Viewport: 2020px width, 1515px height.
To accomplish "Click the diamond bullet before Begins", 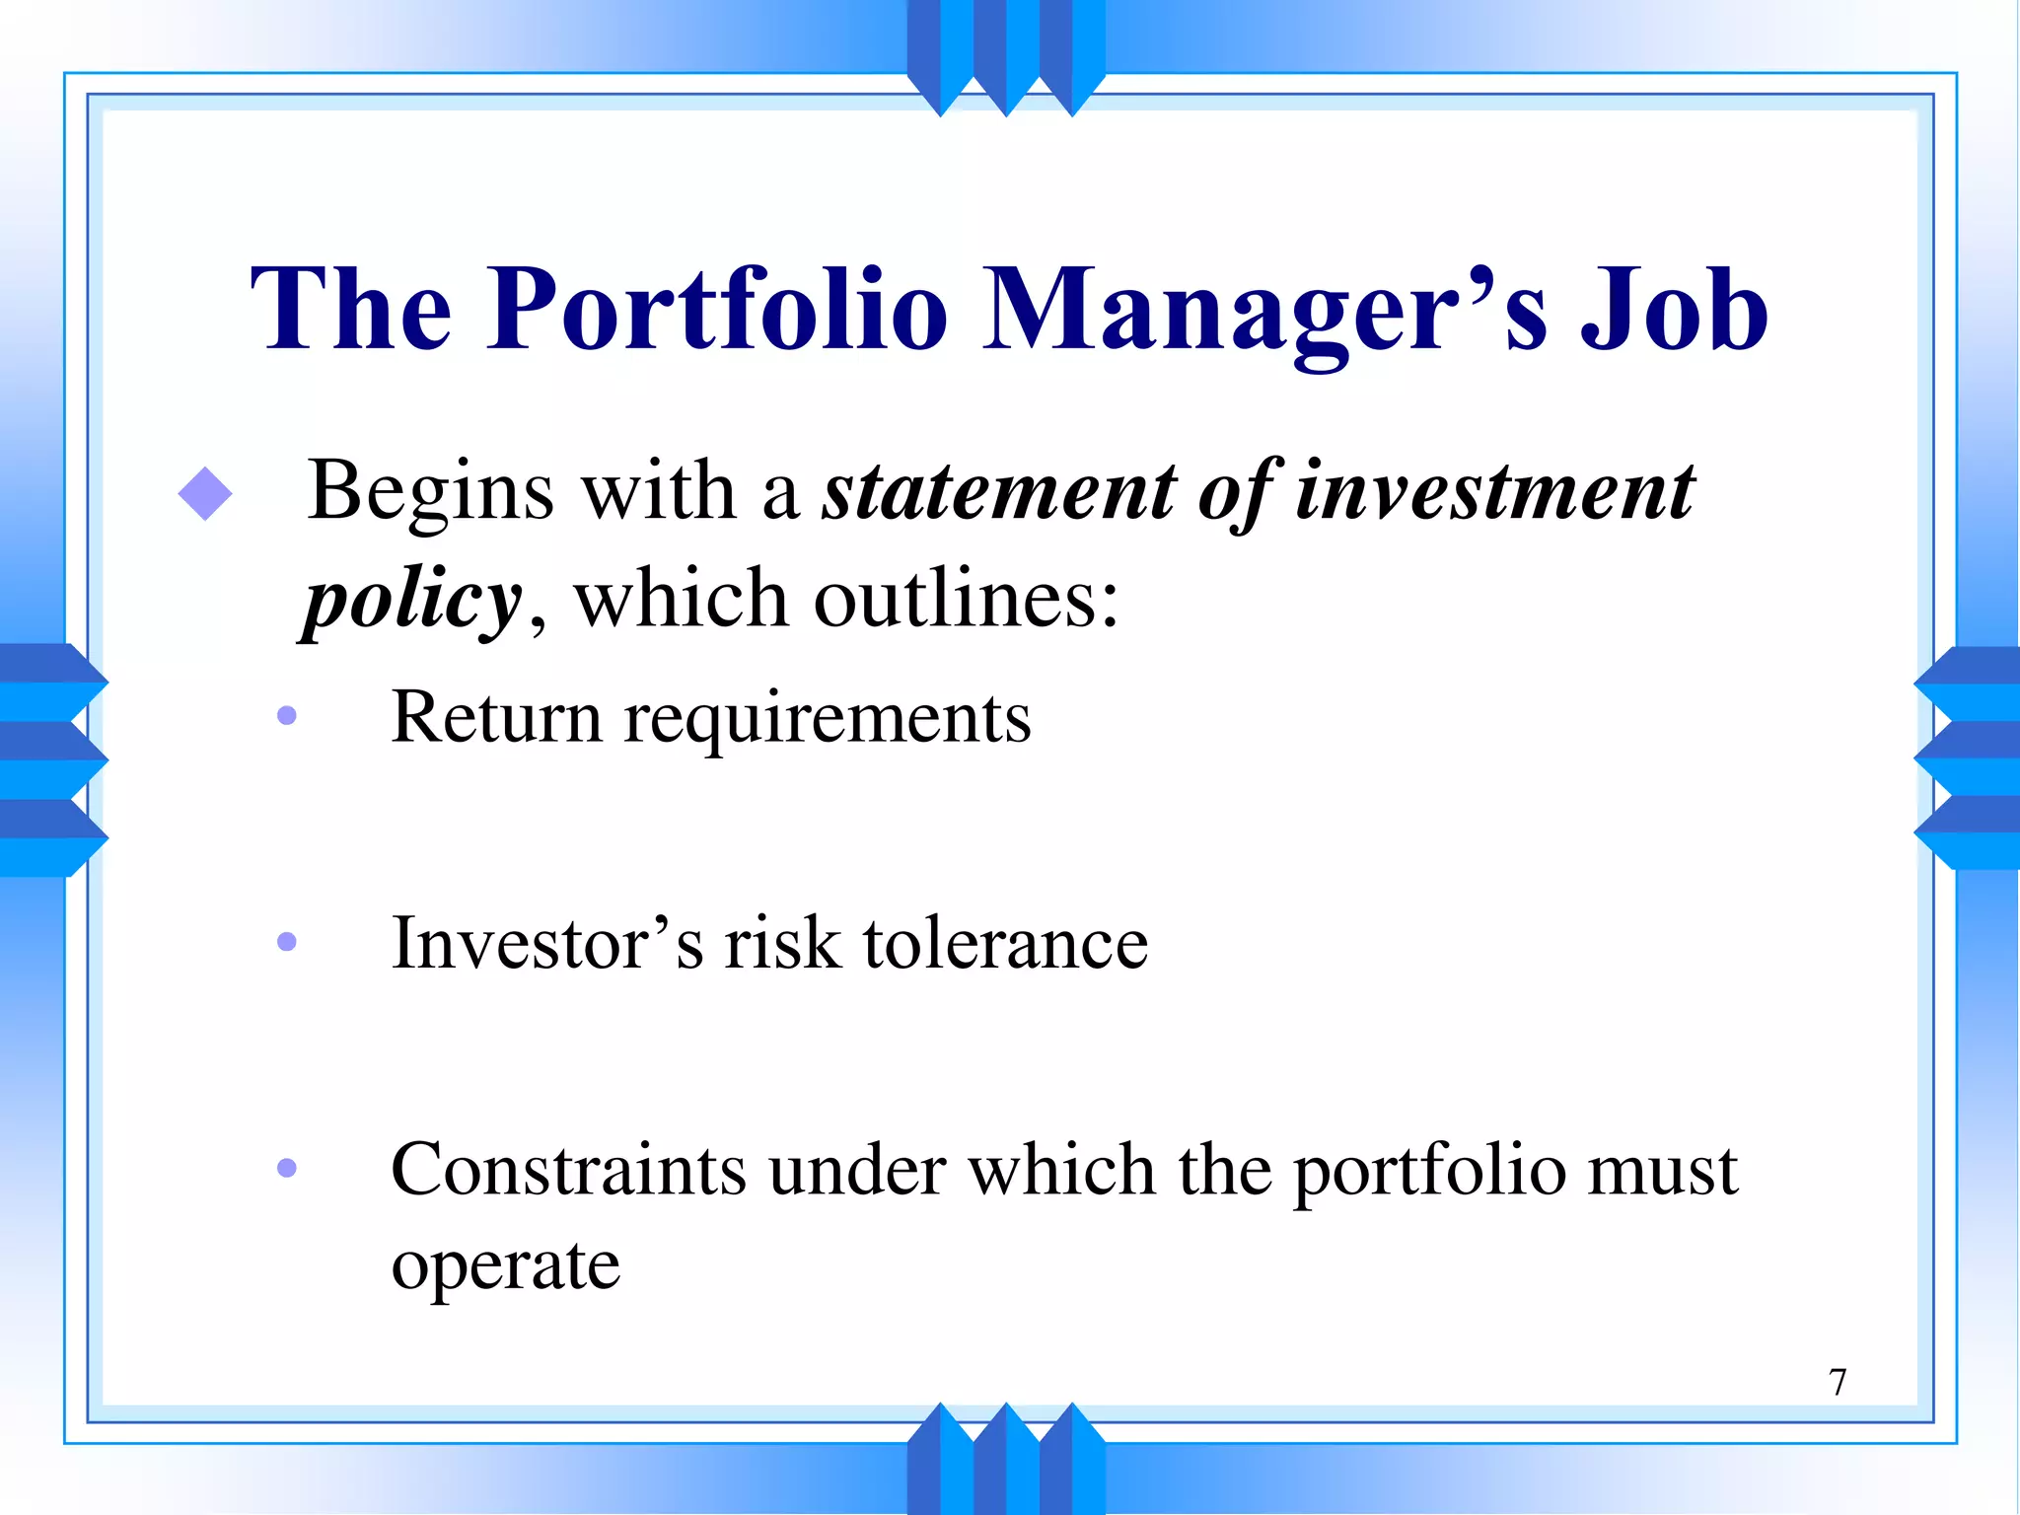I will click(x=205, y=493).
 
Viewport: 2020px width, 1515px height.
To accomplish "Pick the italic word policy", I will click(x=412, y=602).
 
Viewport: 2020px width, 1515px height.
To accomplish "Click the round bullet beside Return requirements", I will click(x=287, y=716).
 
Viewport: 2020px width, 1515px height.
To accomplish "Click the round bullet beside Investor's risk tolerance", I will click(x=287, y=942).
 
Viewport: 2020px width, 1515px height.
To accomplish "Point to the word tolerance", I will click(x=1005, y=944).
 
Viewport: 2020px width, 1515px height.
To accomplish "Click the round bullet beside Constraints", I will click(x=287, y=1169).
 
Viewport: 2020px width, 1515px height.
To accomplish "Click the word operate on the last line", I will click(x=506, y=1267).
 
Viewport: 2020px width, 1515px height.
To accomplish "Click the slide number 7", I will click(x=1838, y=1382).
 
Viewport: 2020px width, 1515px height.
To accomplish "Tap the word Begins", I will click(x=430, y=493).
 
